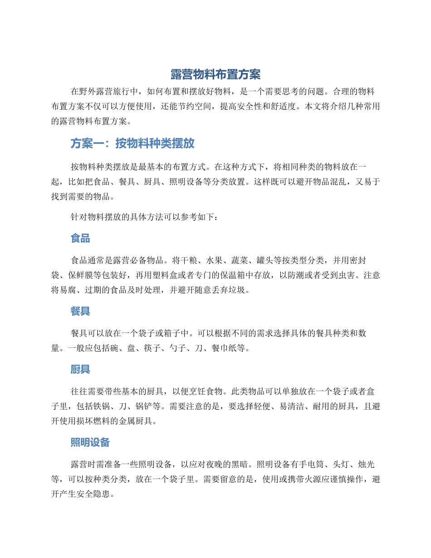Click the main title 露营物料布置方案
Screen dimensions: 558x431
coord(215,74)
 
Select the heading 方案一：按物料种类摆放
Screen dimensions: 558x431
coord(132,144)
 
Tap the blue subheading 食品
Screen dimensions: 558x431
coord(80,238)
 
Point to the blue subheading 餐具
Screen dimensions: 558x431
coord(80,311)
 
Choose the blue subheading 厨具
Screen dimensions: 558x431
coord(80,370)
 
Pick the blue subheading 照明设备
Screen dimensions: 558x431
coord(90,442)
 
